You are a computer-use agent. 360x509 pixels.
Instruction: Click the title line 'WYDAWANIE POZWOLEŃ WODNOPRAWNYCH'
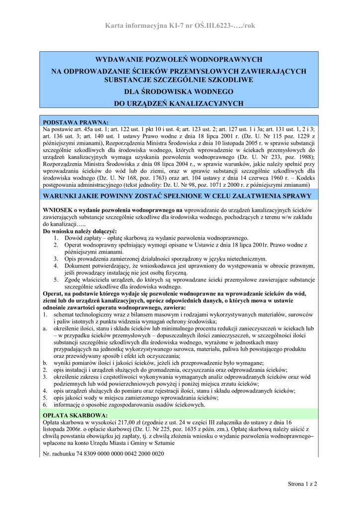[x=179, y=59]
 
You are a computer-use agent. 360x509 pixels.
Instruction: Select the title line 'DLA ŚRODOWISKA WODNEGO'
[x=179, y=92]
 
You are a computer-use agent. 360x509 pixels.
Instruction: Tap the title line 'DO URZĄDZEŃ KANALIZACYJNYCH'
[x=179, y=103]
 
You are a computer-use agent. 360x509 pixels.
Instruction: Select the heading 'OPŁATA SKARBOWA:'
[x=75, y=415]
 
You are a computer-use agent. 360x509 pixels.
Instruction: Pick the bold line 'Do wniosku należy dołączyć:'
[x=80, y=232]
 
